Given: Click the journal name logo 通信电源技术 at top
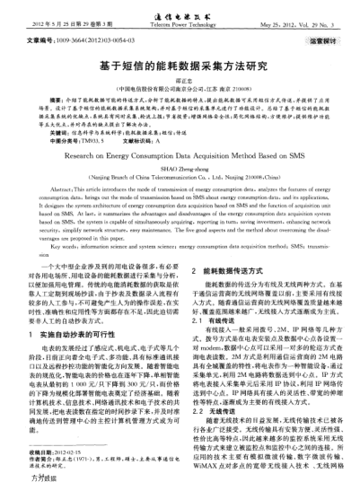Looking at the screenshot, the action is (179, 15).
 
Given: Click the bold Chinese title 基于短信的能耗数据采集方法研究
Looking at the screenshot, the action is (180, 66).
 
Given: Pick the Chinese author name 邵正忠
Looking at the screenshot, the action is (180, 81).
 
